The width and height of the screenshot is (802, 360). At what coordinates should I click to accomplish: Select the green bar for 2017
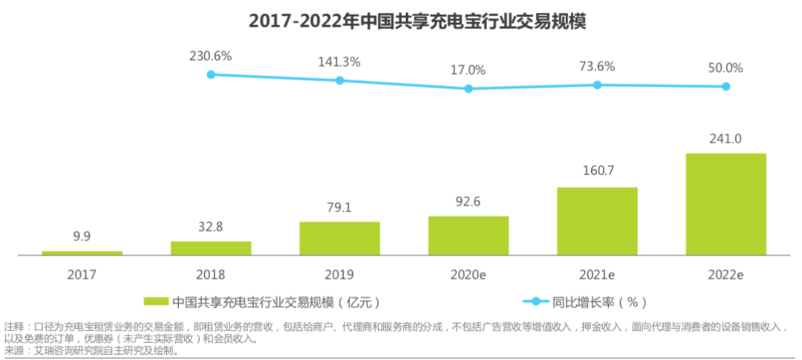click(x=82, y=252)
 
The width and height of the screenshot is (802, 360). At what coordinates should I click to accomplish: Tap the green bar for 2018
click(x=211, y=248)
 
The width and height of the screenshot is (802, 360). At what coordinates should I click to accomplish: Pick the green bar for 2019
click(x=339, y=238)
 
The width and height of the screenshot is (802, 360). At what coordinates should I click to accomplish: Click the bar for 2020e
click(x=468, y=235)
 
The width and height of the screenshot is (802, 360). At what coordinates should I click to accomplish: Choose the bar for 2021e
click(x=597, y=220)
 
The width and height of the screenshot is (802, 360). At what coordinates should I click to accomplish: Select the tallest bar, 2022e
click(x=726, y=203)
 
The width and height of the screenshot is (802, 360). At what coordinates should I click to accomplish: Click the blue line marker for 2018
click(x=211, y=74)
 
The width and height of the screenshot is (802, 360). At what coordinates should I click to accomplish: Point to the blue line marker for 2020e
click(x=468, y=88)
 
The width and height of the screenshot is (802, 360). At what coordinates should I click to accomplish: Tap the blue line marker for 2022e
click(x=726, y=86)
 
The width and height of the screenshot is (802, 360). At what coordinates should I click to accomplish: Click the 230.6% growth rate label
click(x=211, y=56)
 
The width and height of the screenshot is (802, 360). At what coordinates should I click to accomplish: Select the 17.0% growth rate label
click(x=468, y=71)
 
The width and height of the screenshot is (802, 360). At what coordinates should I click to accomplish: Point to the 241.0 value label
click(x=726, y=139)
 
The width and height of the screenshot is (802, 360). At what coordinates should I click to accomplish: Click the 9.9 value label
click(x=82, y=238)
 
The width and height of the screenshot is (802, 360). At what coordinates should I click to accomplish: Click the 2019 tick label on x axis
click(x=339, y=273)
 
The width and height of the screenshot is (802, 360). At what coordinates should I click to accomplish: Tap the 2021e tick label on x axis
click(x=597, y=273)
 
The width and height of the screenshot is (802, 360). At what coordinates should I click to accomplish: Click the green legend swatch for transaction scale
click(x=156, y=301)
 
